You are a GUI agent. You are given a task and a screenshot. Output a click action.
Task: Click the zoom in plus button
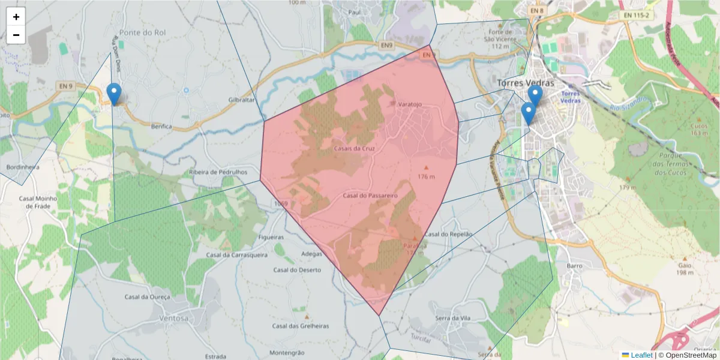coord(16,17)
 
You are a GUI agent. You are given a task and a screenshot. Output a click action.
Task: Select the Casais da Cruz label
coord(353,148)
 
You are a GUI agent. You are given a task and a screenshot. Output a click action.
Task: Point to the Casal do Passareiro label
coord(371,196)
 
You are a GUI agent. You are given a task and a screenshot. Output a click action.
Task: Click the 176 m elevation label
coord(426,176)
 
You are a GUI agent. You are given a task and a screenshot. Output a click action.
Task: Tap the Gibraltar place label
coord(242,100)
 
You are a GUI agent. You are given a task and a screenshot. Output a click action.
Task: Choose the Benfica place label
coord(162,127)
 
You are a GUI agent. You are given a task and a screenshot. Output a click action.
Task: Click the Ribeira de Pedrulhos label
coord(218,172)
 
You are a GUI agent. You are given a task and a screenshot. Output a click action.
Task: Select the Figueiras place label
coord(270,238)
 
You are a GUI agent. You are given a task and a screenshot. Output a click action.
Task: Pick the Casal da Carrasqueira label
coord(236,254)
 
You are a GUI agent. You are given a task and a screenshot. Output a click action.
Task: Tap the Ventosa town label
coord(174,318)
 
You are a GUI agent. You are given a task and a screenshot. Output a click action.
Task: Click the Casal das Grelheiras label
coord(301,326)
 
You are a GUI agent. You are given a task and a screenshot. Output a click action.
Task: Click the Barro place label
coord(574,265)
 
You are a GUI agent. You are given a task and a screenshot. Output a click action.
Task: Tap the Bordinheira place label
coord(22,167)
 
